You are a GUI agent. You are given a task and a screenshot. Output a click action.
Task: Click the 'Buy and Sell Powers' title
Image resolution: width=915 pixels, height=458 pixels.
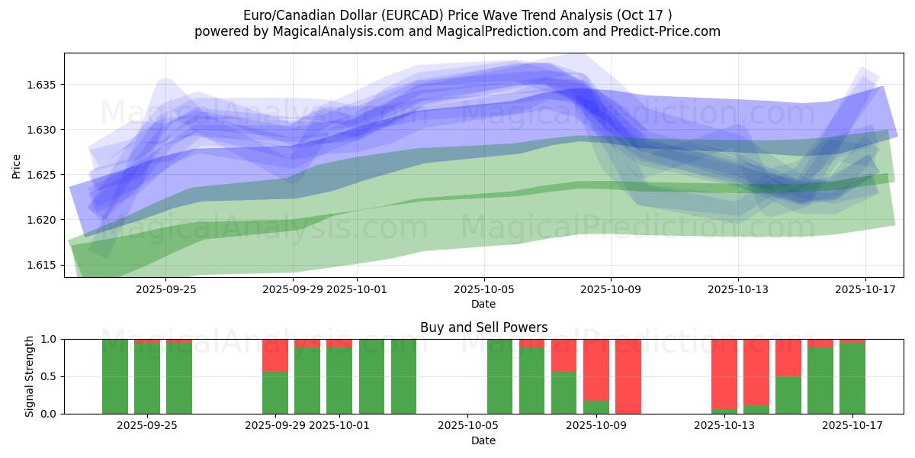tap(483, 327)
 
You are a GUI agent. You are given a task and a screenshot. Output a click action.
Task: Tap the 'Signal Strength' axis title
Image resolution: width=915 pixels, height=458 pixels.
tap(30, 376)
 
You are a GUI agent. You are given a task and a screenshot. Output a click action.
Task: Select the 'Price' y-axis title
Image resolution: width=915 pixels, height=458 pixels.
tap(17, 165)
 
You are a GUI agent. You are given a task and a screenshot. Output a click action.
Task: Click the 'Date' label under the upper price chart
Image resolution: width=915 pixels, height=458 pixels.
tap(483, 304)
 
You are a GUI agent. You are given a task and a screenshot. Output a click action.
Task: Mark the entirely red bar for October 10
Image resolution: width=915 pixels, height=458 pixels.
tap(628, 376)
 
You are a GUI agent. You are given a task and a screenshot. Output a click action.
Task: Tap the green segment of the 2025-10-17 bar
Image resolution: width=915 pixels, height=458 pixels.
tap(852, 379)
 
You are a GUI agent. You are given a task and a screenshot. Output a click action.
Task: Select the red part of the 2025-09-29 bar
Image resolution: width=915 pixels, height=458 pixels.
tap(275, 356)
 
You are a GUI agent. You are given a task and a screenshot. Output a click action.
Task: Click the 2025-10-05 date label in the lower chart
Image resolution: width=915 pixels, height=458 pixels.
tap(483, 426)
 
